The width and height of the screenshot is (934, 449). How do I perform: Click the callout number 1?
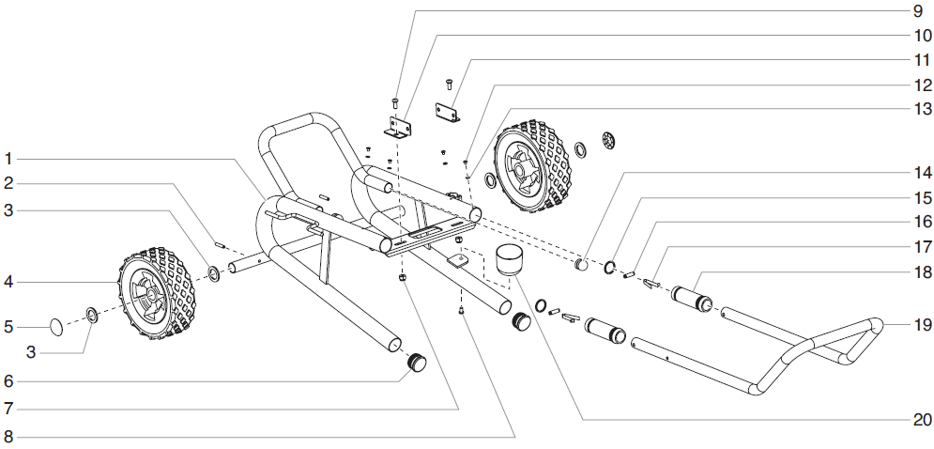click(8, 157)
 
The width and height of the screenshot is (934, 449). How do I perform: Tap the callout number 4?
click(8, 281)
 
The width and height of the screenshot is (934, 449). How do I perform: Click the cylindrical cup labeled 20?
click(508, 257)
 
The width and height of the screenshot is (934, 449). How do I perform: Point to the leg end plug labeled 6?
click(416, 362)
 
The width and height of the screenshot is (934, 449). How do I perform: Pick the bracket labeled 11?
click(448, 114)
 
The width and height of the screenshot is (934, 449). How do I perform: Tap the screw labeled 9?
click(395, 100)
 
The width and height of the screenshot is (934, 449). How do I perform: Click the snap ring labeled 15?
click(609, 270)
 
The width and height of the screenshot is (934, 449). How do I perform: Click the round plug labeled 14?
click(582, 265)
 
